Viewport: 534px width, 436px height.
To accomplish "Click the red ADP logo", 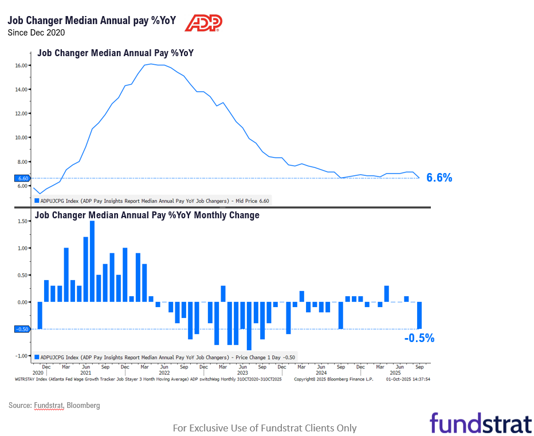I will [x=203, y=22].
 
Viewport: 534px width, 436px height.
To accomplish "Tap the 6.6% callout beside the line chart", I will [x=439, y=178].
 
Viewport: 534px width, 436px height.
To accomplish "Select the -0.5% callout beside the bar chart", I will [x=419, y=338].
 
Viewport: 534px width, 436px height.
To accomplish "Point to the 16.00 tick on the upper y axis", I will [x=22, y=65].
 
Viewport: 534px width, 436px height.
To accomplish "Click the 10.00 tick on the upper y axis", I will [x=22, y=138].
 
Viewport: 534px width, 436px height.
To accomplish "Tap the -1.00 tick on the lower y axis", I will [x=22, y=356].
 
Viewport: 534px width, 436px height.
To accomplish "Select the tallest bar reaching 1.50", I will [x=92, y=261].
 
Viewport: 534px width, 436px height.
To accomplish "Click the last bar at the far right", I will [x=419, y=315].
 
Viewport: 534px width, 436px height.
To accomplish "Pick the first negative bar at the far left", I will [x=40, y=315].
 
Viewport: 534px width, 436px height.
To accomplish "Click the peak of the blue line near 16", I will [x=150, y=64].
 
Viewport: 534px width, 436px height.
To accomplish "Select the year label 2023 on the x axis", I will [x=243, y=372].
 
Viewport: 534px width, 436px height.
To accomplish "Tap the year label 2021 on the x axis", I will [x=86, y=372].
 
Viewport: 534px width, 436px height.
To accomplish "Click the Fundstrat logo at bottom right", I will [x=480, y=423].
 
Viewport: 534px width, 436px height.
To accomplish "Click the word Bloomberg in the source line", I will [x=83, y=405].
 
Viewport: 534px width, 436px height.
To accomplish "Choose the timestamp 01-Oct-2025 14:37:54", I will [x=408, y=379].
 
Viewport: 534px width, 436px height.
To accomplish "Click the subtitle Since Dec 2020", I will [x=36, y=32].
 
